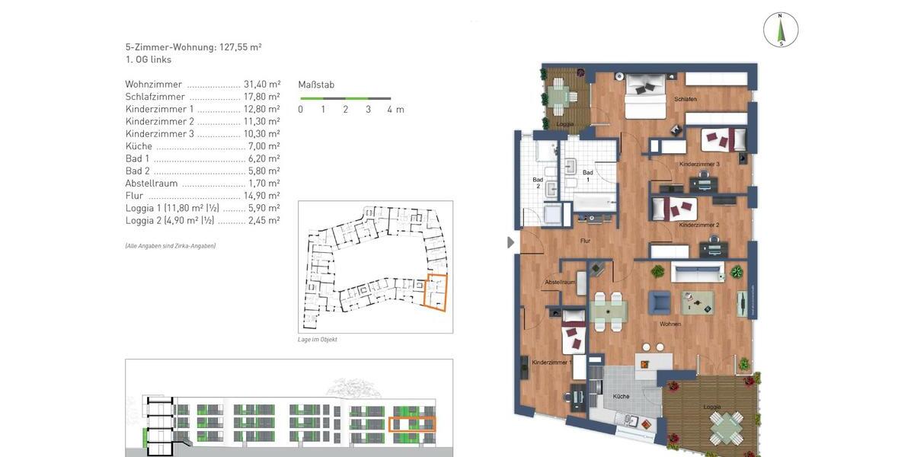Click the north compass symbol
[781, 30]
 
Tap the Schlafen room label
[685, 100]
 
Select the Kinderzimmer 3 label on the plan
[699, 165]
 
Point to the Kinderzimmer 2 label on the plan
[698, 225]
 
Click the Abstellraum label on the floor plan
[559, 283]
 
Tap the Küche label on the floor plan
[621, 397]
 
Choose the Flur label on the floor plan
[585, 241]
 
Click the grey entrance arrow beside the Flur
[511, 243]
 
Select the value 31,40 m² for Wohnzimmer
[262, 85]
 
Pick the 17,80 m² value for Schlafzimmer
[262, 97]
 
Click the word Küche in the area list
[139, 146]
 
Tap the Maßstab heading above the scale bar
[316, 85]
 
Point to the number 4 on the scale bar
[390, 110]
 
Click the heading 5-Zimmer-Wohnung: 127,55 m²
[193, 46]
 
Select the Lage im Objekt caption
[318, 340]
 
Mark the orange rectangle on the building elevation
[412, 424]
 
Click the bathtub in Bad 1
[593, 203]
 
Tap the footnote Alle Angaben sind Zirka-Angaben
[170, 246]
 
